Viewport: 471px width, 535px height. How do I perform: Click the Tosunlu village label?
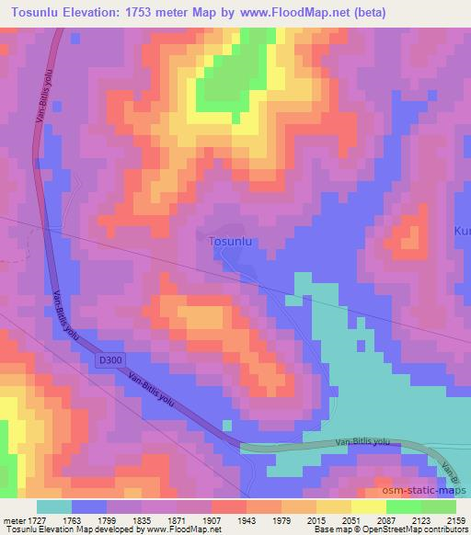231,241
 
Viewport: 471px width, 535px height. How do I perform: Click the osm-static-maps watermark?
423,491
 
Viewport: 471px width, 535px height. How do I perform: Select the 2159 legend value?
456,520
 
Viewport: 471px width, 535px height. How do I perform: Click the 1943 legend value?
247,520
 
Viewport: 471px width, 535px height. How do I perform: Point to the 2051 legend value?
350,520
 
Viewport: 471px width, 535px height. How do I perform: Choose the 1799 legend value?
106,520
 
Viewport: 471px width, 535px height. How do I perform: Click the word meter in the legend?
12,520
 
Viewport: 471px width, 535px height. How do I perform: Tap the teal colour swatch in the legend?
54,507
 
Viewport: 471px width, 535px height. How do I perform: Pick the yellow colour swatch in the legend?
333,507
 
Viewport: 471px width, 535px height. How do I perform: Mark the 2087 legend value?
386,520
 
